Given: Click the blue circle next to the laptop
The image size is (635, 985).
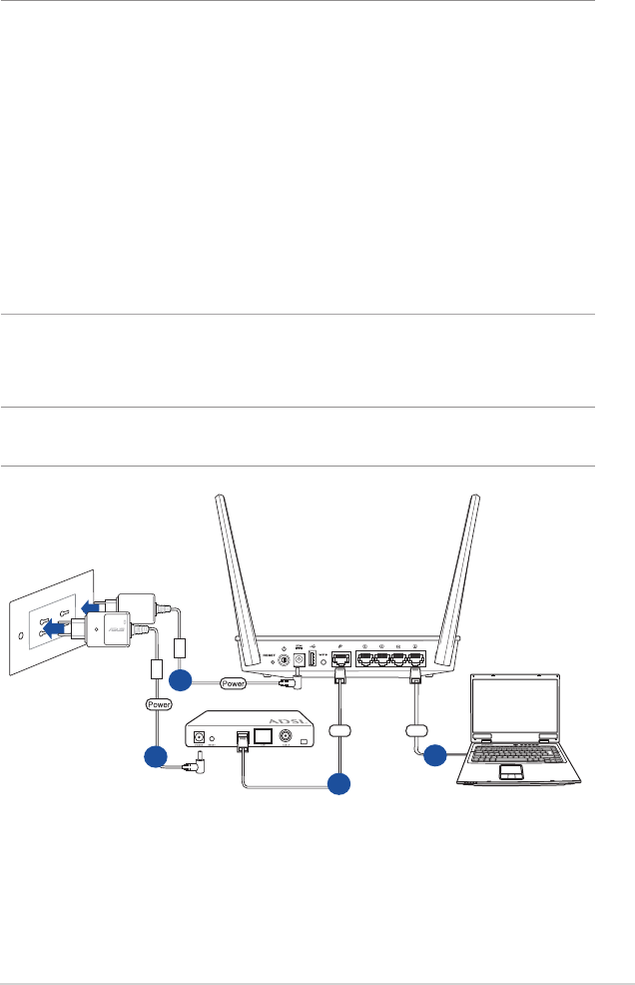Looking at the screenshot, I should [x=434, y=756].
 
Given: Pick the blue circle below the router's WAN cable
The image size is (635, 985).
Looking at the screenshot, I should [x=339, y=784].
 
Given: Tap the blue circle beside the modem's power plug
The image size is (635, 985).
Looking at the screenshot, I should [x=156, y=756].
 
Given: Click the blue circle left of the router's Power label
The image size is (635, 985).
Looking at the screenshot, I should [x=180, y=682].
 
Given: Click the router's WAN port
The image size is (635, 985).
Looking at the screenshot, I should [x=339, y=660].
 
